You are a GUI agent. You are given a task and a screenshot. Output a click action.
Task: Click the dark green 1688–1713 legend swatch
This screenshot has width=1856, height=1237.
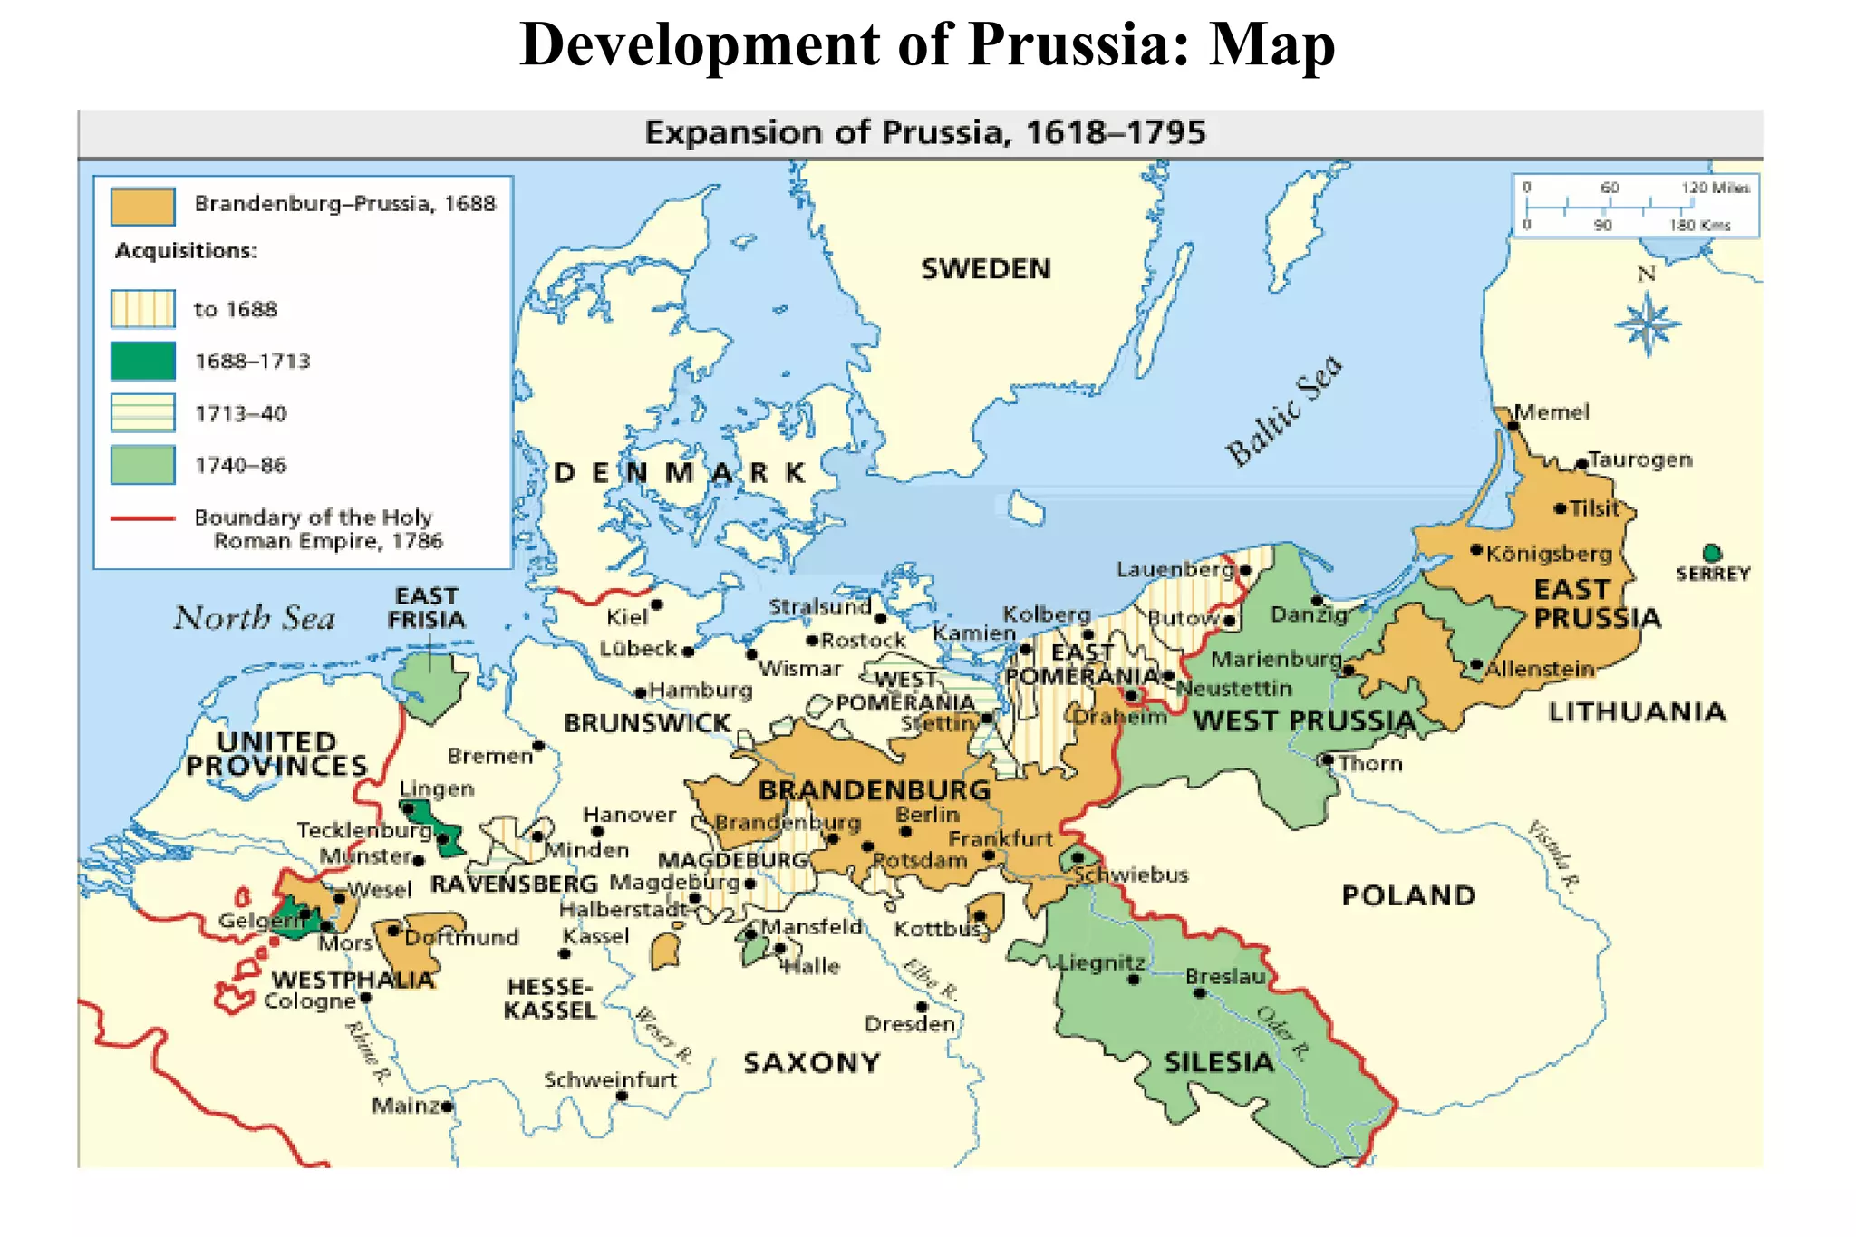142,361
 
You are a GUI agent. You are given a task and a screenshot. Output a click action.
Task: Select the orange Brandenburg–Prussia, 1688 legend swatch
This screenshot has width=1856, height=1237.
142,206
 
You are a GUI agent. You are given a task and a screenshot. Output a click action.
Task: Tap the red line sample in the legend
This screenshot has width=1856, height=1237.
142,518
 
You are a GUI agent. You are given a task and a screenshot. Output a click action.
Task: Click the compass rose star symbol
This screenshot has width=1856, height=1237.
1648,324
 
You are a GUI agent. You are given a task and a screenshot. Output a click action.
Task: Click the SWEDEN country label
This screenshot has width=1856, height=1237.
986,269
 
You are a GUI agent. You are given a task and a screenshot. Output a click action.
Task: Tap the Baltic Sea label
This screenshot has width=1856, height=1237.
1283,410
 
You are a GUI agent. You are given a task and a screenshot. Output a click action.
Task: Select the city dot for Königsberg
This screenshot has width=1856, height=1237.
1476,550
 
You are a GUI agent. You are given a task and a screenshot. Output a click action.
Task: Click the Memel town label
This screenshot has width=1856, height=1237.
1551,412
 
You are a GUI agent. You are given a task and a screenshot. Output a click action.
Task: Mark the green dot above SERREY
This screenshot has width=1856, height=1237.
1712,553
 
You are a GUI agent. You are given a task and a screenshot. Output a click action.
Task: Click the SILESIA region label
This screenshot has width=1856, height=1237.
1219,1062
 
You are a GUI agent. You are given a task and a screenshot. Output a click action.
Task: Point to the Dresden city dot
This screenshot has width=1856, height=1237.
922,1007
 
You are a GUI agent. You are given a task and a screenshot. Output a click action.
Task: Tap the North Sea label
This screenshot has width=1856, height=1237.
255,618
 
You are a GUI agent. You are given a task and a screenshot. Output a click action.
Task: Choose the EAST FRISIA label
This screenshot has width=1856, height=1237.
427,608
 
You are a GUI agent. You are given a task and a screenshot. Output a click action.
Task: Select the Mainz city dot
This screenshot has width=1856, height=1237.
447,1107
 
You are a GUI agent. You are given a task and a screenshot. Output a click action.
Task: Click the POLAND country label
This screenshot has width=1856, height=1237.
1408,895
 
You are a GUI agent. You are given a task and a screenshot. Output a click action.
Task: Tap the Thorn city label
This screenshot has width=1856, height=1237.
1370,764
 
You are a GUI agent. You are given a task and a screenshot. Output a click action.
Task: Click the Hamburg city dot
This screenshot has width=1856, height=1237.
641,692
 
